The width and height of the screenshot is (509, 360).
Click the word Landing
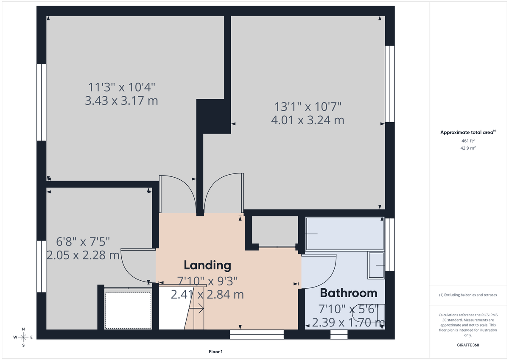click(207, 265)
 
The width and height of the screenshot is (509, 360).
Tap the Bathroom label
click(348, 293)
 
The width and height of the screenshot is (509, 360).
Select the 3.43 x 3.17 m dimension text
click(122, 101)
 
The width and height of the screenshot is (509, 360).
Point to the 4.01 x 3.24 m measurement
click(308, 120)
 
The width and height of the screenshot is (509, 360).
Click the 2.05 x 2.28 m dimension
click(83, 255)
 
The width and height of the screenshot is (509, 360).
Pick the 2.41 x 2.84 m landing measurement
click(207, 294)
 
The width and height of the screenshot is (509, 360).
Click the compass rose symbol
click(23, 337)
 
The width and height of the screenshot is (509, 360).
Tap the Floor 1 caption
click(215, 352)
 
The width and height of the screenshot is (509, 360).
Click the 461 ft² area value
click(467, 140)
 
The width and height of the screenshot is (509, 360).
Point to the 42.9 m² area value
click(467, 148)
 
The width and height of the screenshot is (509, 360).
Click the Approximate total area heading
click(467, 132)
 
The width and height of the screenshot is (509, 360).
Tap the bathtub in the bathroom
click(344, 234)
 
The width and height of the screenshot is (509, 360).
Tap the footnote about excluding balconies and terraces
click(467, 295)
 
